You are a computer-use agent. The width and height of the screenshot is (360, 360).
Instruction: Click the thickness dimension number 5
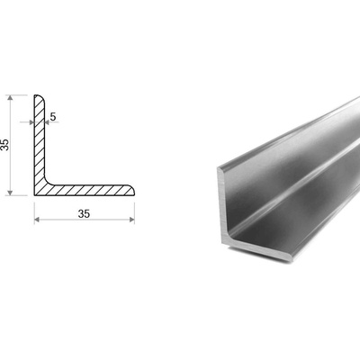(53, 117)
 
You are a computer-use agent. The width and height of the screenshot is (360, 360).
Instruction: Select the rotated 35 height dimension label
(5, 145)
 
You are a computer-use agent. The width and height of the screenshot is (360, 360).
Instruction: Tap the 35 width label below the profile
(84, 214)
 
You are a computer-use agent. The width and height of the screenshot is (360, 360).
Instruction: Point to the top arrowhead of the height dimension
(11, 98)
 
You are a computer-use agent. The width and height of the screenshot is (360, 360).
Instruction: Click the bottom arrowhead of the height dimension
(11, 193)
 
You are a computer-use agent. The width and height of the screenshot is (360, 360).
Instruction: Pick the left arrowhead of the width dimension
(37, 220)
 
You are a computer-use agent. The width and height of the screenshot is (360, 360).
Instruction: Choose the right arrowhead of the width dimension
(132, 220)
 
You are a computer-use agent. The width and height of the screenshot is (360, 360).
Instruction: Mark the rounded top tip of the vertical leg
(39, 95)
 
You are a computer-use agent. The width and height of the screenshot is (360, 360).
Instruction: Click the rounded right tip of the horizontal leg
(134, 191)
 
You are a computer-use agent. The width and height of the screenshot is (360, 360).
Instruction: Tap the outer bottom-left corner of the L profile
(34, 195)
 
